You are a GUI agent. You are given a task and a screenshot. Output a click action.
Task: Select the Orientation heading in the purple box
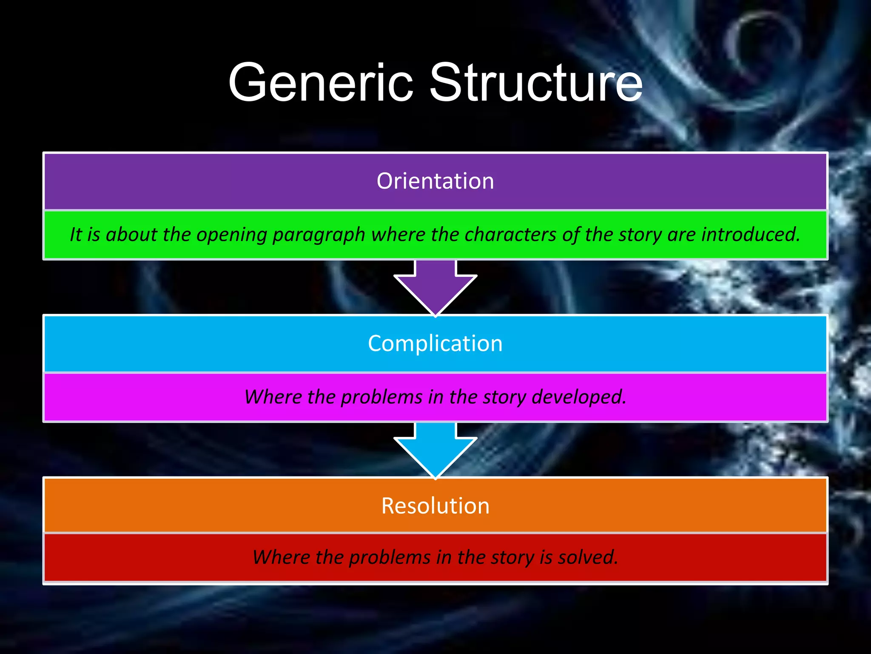tap(435, 181)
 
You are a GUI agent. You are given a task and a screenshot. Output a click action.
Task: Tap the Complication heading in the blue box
tap(435, 343)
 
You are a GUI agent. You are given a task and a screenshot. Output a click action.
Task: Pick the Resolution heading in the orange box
tap(435, 506)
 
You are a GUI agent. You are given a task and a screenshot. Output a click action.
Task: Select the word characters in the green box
tap(510, 234)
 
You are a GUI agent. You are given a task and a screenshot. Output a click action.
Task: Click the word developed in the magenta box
tap(579, 397)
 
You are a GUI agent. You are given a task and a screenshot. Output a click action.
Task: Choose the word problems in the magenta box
tap(381, 397)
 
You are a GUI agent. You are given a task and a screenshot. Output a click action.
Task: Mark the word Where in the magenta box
tap(273, 397)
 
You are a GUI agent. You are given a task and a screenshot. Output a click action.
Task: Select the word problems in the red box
tap(390, 557)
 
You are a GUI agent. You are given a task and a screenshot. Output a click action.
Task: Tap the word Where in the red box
tap(281, 557)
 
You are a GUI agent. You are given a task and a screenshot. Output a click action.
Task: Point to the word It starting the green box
tap(75, 234)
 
